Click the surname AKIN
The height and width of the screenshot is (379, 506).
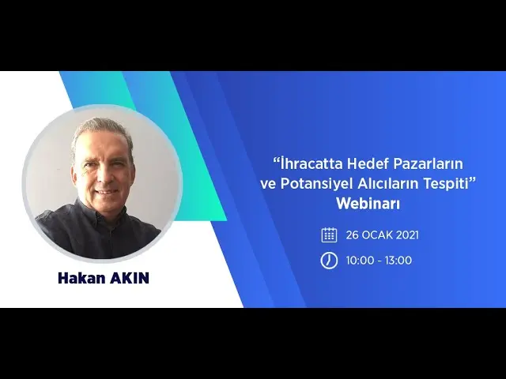(130, 278)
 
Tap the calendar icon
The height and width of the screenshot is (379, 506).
(329, 235)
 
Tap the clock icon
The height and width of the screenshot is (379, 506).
(329, 261)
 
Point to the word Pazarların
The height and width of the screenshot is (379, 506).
(429, 164)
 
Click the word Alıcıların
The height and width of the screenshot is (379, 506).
(388, 184)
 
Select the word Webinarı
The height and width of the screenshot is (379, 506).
(368, 204)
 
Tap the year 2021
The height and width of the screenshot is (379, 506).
(407, 235)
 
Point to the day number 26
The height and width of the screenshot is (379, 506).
(353, 235)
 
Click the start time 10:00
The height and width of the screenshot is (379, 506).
(358, 261)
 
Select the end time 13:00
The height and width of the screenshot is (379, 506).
(398, 261)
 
